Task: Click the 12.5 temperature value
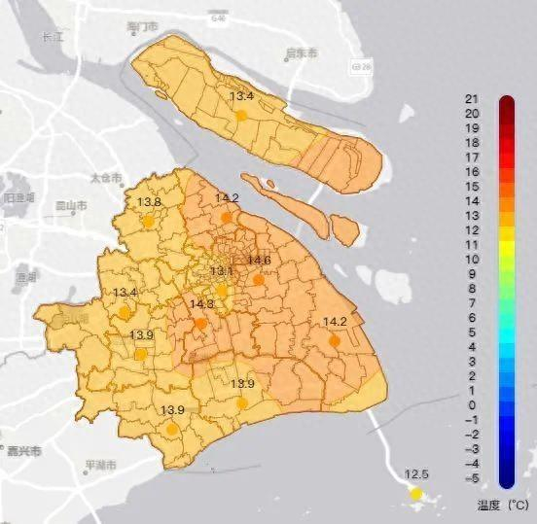coord(416,473)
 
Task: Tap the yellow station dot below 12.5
coord(416,494)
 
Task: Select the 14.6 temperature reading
coord(259,260)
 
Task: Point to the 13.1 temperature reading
coord(222,270)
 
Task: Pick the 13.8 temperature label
coord(149,202)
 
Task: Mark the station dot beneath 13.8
coord(148,221)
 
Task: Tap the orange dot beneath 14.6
coord(258,280)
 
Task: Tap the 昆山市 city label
coord(71,206)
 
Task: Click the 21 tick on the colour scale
coord(470,99)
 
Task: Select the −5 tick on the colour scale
coord(470,478)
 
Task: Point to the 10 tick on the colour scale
coord(470,260)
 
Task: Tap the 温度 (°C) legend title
coord(502,505)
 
